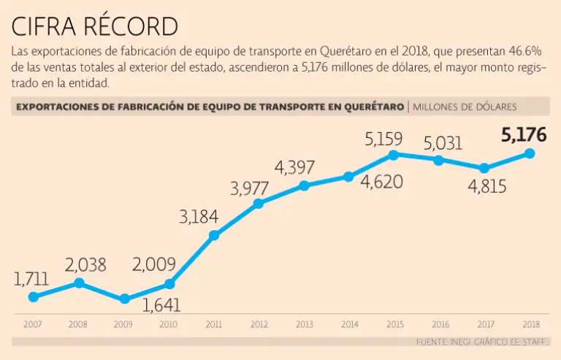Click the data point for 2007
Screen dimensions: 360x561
34,296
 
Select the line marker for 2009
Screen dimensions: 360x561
125,299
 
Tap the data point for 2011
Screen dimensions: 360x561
214,235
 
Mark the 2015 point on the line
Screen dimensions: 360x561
394,155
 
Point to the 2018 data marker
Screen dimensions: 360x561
530,153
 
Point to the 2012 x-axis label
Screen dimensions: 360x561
259,323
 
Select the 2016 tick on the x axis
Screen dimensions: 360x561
440,323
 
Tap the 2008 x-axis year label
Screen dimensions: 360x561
79,323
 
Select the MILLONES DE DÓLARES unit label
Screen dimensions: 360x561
465,107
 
